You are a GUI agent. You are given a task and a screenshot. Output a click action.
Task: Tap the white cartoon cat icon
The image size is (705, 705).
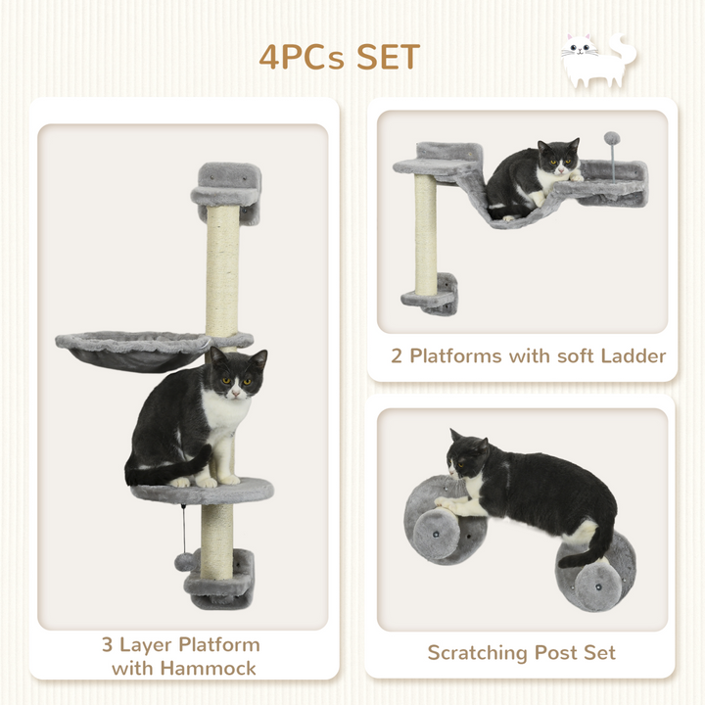[x=596, y=60]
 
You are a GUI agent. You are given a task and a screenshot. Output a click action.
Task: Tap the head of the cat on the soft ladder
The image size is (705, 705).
[x=557, y=158]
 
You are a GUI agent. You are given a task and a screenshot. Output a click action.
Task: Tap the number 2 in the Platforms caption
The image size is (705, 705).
[x=397, y=355]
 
